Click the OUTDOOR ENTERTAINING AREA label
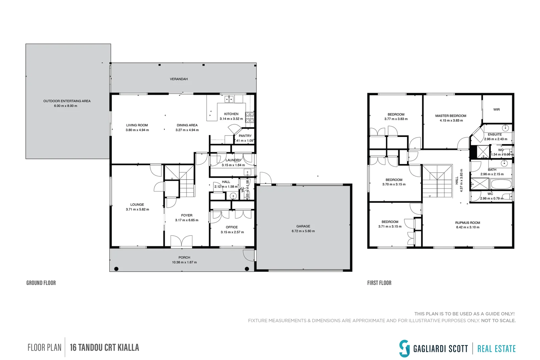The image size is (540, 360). point(67,101)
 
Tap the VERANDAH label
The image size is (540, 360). point(179,79)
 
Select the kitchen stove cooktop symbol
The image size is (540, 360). point(250,117)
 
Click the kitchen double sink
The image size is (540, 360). point(229,99)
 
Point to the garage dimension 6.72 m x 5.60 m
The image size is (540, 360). point(303,231)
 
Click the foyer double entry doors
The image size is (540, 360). point(181,241)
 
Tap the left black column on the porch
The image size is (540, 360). point(116,269)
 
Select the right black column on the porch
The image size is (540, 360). point(247,269)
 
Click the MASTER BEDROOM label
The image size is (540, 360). point(451,116)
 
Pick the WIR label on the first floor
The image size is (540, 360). point(496,110)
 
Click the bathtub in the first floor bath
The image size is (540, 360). point(501,184)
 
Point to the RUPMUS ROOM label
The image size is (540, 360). point(468,223)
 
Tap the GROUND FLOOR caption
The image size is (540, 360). point(41,283)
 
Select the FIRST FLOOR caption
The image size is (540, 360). point(379,283)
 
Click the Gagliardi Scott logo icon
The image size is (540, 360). point(404,348)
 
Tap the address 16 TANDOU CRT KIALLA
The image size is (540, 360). point(104,348)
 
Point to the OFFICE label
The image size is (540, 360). point(232,227)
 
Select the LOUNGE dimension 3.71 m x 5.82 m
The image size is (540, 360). point(137,209)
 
